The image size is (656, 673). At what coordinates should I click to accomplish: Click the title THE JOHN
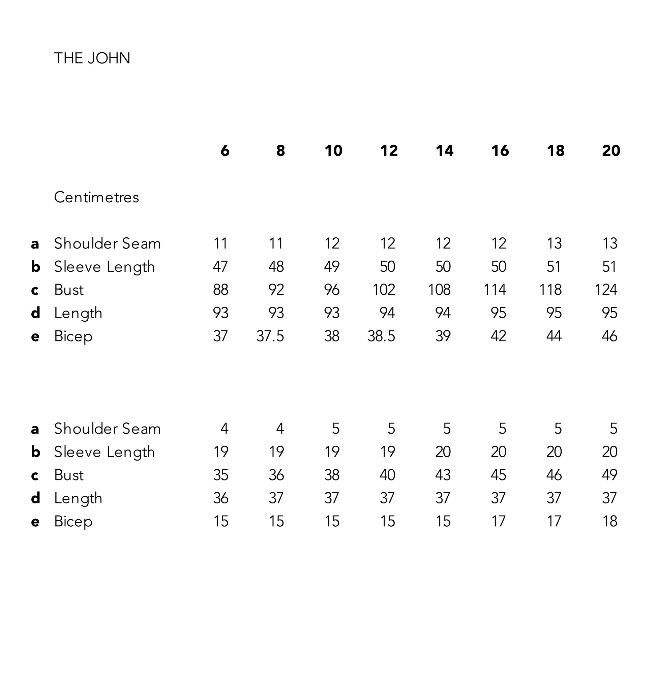92,58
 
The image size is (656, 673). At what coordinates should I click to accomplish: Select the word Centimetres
96,198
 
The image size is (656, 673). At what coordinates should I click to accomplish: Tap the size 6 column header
225,151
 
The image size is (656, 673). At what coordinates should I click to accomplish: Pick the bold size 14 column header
444,151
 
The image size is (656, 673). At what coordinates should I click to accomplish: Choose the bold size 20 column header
611,151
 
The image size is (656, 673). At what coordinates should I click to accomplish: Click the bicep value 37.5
270,336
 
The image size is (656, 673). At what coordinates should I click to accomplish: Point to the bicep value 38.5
381,336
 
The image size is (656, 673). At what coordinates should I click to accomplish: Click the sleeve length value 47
220,267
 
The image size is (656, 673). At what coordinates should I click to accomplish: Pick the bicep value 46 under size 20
609,336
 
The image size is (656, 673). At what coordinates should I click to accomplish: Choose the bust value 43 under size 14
443,475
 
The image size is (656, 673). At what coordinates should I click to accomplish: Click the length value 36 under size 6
220,498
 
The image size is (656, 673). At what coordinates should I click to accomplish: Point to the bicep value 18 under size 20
609,521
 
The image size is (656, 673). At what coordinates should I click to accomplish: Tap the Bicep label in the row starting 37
73,336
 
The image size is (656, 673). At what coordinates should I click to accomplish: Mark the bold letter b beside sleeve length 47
35,267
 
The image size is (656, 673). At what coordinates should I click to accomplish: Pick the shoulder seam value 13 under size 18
554,244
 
